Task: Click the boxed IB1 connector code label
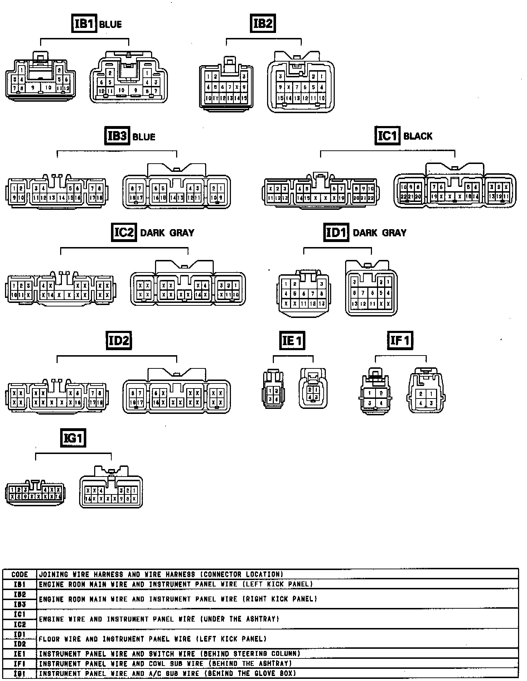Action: tap(84, 24)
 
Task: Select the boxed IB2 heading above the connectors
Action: tap(262, 24)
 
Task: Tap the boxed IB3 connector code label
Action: tap(117, 136)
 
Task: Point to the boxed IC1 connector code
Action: tap(387, 136)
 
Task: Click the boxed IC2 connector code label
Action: tap(124, 232)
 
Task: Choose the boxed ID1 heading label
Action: tap(336, 232)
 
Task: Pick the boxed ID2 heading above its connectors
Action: tap(119, 340)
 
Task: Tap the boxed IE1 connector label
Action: tap(292, 340)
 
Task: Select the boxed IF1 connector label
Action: tap(400, 340)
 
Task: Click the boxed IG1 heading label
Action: tap(73, 438)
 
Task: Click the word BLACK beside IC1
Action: tap(418, 136)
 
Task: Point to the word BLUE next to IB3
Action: tap(144, 137)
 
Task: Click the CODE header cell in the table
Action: tap(20, 575)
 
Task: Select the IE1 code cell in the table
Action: tap(20, 653)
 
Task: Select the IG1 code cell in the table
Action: tap(20, 673)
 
